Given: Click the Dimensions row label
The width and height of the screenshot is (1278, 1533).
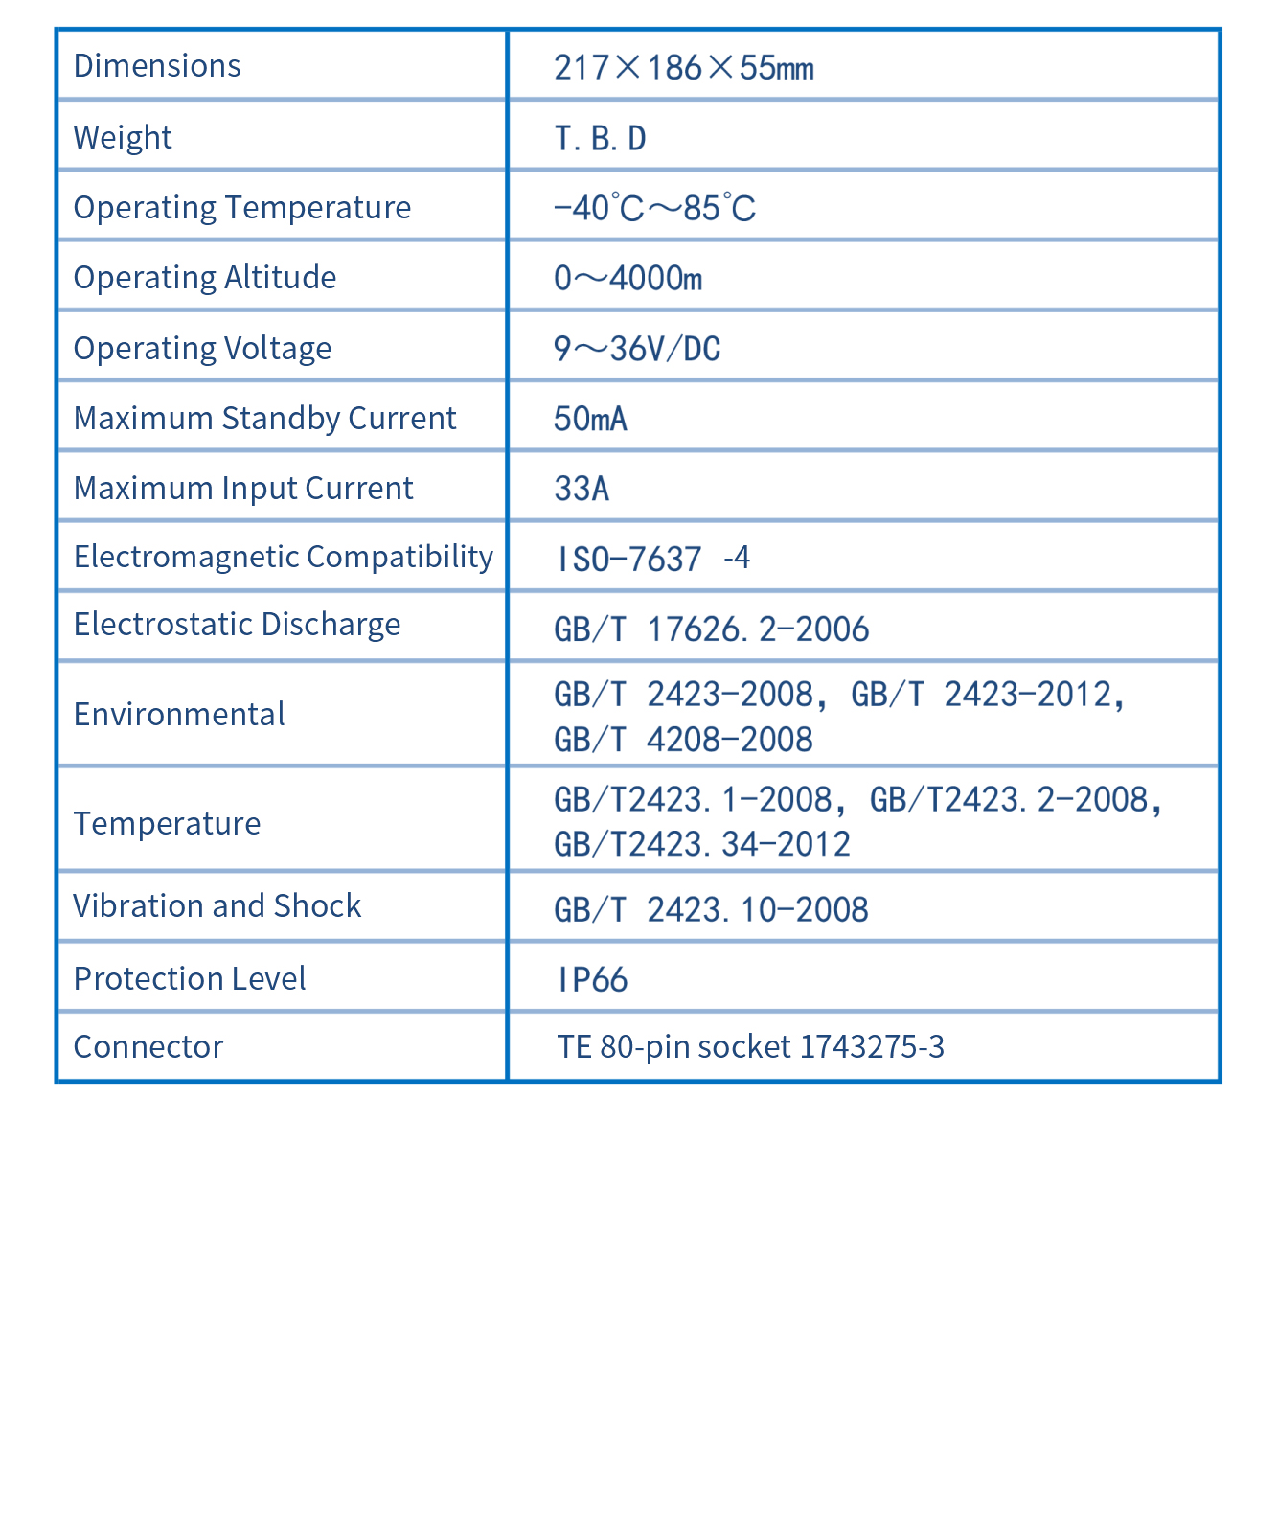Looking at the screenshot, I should click(x=157, y=65).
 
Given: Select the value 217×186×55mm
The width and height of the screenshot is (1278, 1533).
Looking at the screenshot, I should click(x=684, y=68).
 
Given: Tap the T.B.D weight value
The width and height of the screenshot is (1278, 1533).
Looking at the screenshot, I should click(x=601, y=139).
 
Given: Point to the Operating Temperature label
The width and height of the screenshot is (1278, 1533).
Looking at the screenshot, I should click(x=241, y=207).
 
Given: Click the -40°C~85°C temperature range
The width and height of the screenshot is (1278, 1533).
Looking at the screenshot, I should click(x=655, y=208).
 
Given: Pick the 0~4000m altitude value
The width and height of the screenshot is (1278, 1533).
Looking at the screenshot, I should click(x=628, y=278).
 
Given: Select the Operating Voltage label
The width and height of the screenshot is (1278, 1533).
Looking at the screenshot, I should click(x=202, y=348).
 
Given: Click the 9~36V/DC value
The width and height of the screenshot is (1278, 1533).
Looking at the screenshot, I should click(x=637, y=349).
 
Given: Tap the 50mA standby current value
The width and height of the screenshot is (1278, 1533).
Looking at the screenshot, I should click(x=590, y=419).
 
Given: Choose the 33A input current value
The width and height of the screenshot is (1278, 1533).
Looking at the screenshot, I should click(x=582, y=489).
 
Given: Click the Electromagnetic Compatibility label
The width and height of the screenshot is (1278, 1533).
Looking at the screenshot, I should click(x=283, y=556).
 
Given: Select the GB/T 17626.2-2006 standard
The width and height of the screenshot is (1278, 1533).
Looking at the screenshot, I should click(x=712, y=629).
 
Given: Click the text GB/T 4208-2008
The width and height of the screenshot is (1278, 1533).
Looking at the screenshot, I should click(x=683, y=740).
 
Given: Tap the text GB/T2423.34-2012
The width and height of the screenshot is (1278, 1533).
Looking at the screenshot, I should click(x=702, y=844).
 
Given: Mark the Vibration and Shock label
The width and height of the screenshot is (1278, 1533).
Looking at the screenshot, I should click(x=217, y=905).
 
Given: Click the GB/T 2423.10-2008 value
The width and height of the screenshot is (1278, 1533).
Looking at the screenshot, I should click(x=711, y=909).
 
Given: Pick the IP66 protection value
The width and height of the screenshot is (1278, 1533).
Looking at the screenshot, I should click(x=592, y=979).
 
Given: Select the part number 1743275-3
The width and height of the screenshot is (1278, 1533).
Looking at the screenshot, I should click(x=872, y=1046).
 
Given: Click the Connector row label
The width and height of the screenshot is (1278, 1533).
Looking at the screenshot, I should click(x=148, y=1046).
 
